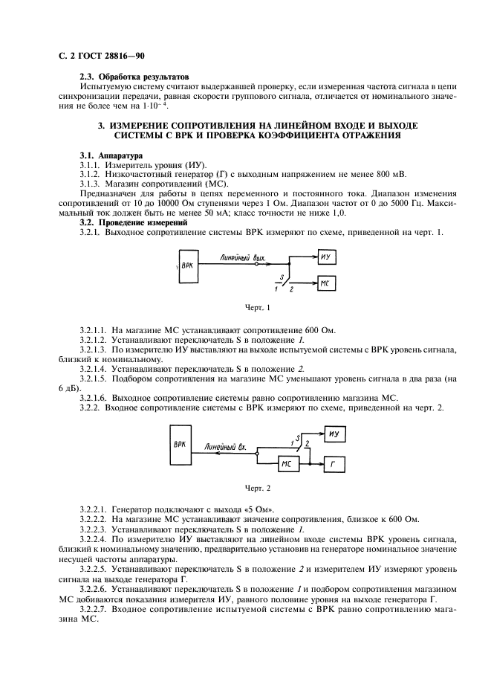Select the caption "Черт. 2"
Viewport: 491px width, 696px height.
(x=256, y=488)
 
